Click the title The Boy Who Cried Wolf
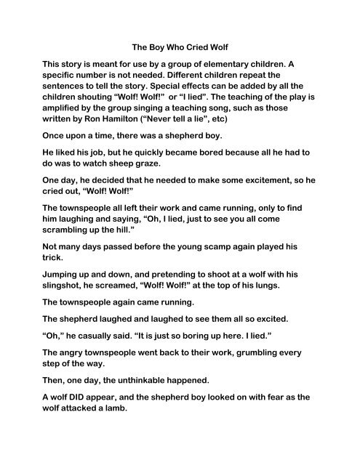point(180,43)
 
